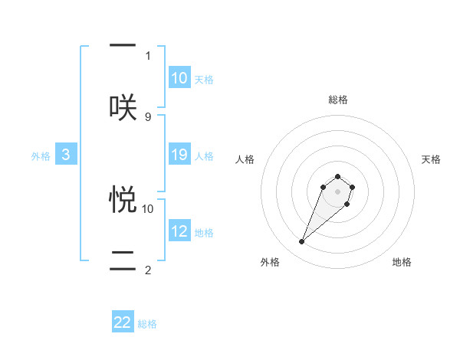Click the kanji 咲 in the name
pos(123,107)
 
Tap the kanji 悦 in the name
pos(123,199)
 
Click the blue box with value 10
pos(179,78)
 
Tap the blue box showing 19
pos(179,155)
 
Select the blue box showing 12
pos(179,231)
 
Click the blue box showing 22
pos(123,322)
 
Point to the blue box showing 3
pos(66,155)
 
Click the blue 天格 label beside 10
pos(204,80)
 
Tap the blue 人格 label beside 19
pos(204,156)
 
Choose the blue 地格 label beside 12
pos(204,233)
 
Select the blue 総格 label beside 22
pos(147,324)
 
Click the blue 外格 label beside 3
pos(41,156)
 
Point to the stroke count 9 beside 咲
pos(148,116)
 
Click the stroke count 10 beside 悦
pos(148,208)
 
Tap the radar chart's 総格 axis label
pos(338,100)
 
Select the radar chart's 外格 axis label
pos(270,262)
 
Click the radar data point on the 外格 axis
pos(301,242)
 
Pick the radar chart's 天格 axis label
pos(432,159)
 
